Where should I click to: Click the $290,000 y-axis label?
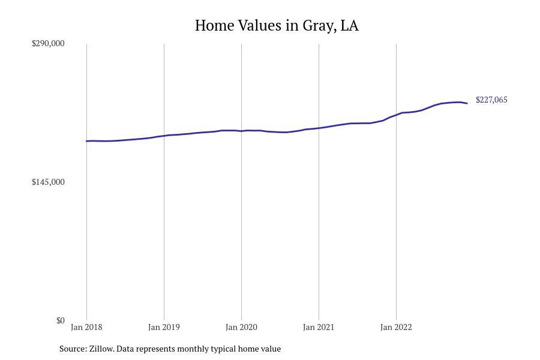tap(48, 43)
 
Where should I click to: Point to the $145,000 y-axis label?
tap(48, 182)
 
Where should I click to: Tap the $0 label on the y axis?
tap(60, 320)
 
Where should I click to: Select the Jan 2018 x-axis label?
tap(86, 327)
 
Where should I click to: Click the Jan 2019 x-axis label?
tap(164, 327)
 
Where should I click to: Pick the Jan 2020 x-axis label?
tap(241, 327)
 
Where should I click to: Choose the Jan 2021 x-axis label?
tap(319, 327)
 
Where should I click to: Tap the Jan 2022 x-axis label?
tap(396, 327)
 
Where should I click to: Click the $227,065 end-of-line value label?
tap(491, 100)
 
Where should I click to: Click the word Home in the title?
tap(215, 25)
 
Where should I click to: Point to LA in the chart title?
tap(350, 25)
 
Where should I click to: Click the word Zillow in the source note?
tap(101, 349)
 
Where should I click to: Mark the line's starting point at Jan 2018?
tap(86, 141)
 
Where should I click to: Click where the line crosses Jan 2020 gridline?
tap(241, 131)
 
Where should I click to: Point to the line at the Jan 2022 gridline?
tap(396, 115)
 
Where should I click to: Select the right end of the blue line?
tap(467, 103)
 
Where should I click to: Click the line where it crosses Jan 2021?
tap(319, 128)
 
